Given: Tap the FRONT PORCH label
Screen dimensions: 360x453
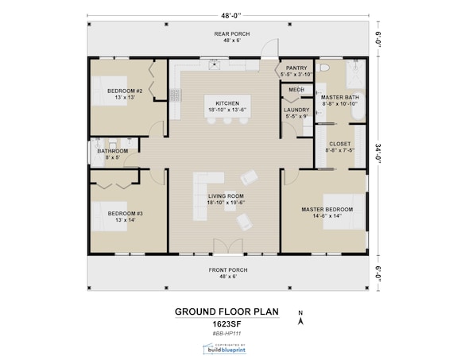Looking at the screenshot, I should coord(228,270).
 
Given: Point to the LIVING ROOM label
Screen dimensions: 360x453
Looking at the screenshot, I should coord(226,195).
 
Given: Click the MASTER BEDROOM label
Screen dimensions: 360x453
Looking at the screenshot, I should coord(327,209).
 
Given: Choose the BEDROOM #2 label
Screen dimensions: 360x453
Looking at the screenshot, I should coord(125,91).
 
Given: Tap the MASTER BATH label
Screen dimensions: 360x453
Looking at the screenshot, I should coord(340,97).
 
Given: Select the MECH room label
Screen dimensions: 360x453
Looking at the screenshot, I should coord(296,90).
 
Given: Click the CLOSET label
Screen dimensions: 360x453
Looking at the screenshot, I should coord(339,144).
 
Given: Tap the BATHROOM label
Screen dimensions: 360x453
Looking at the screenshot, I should coord(112,150).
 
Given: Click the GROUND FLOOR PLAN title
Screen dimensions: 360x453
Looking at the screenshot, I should coord(227,312).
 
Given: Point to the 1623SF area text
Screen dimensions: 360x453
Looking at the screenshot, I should coord(227,325).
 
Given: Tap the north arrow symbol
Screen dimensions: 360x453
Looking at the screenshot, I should coord(299,319).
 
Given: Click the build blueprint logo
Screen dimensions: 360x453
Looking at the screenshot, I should coord(227,349).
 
